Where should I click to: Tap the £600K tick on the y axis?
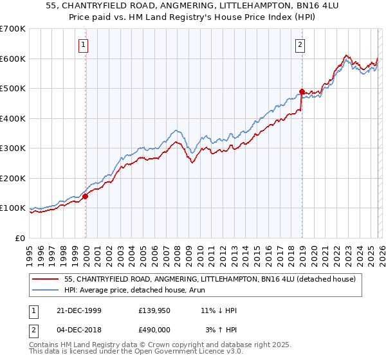tap(13, 59)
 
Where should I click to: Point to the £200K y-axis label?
tap(13, 178)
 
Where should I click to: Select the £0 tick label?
tap(20, 238)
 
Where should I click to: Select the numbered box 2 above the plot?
tap(300, 44)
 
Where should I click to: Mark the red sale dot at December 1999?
tap(86, 197)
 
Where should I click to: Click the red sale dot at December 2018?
tap(302, 91)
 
